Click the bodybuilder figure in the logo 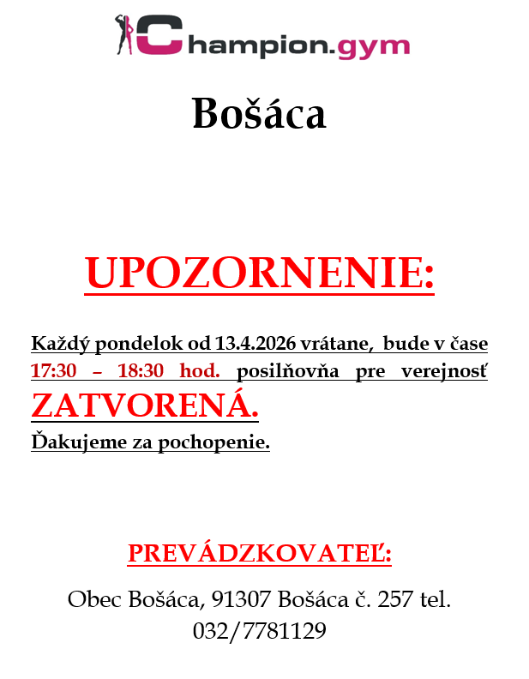123,34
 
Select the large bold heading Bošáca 259,114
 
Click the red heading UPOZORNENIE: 259,273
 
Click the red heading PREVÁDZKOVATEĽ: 259,554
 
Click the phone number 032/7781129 259,631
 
